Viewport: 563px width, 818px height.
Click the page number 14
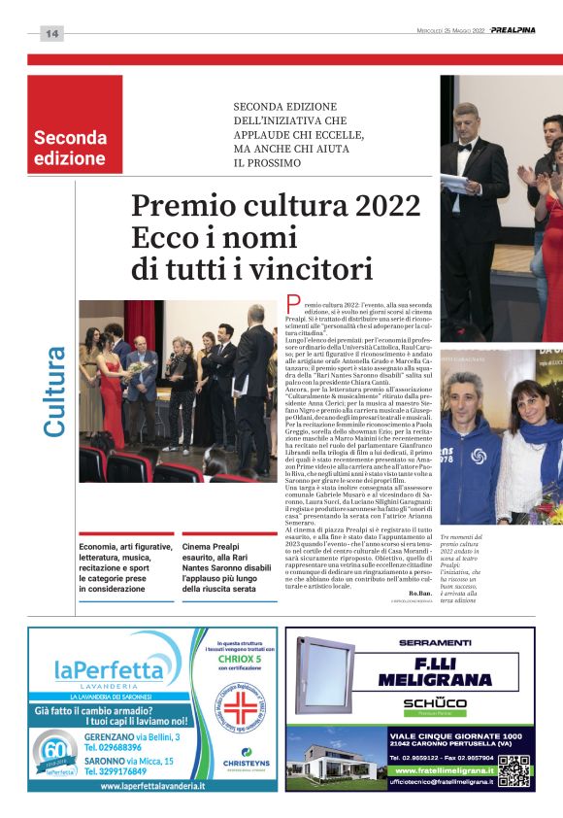pos(51,33)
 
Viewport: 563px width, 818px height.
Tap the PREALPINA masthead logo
pos(512,30)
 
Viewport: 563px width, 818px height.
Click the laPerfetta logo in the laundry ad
pos(110,671)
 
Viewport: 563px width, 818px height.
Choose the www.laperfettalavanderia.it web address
pos(151,784)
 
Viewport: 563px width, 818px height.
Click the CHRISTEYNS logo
pos(240,765)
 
